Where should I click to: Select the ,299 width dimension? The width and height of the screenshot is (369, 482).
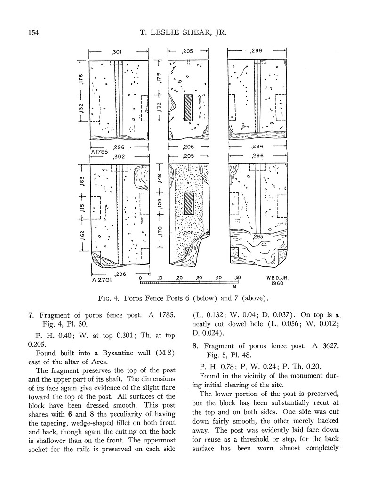257,50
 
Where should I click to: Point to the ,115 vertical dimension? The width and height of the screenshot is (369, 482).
81,208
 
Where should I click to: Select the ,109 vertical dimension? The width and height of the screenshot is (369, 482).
160,205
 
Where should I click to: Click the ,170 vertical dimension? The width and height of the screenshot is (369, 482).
160,232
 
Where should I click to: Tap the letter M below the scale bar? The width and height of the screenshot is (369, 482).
234,286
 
